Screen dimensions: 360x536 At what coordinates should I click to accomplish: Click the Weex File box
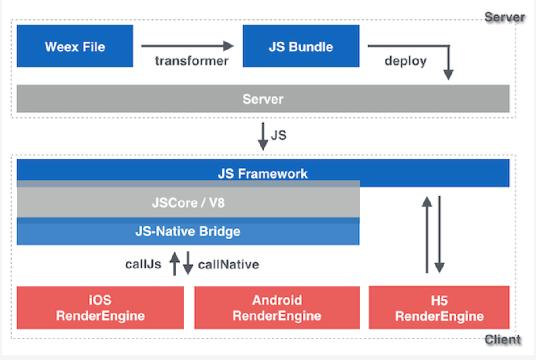point(75,46)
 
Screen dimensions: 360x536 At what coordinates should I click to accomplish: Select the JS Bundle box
point(301,46)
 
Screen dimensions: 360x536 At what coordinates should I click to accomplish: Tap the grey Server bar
point(263,99)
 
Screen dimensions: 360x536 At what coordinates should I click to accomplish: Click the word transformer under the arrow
point(192,60)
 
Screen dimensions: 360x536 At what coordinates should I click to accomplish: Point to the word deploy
point(406,60)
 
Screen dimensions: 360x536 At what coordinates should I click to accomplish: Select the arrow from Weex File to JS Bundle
point(187,46)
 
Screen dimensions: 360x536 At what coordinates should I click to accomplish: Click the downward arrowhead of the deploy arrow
point(448,75)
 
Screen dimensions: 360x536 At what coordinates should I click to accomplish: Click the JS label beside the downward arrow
point(278,134)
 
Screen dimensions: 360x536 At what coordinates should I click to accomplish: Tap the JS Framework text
point(263,173)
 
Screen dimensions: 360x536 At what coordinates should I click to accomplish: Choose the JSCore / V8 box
point(188,203)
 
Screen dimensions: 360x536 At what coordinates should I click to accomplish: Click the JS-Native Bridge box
point(188,232)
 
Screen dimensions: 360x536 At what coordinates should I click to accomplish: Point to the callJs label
point(143,264)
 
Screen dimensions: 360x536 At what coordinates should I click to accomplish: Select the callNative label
point(228,264)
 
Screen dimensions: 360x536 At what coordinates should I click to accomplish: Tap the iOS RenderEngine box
point(100,308)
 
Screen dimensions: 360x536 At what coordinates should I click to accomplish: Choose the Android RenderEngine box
point(277,308)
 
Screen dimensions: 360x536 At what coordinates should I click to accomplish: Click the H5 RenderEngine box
point(439,308)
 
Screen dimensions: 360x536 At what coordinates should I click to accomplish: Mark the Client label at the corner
point(502,339)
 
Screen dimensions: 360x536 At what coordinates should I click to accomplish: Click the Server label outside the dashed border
point(504,17)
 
